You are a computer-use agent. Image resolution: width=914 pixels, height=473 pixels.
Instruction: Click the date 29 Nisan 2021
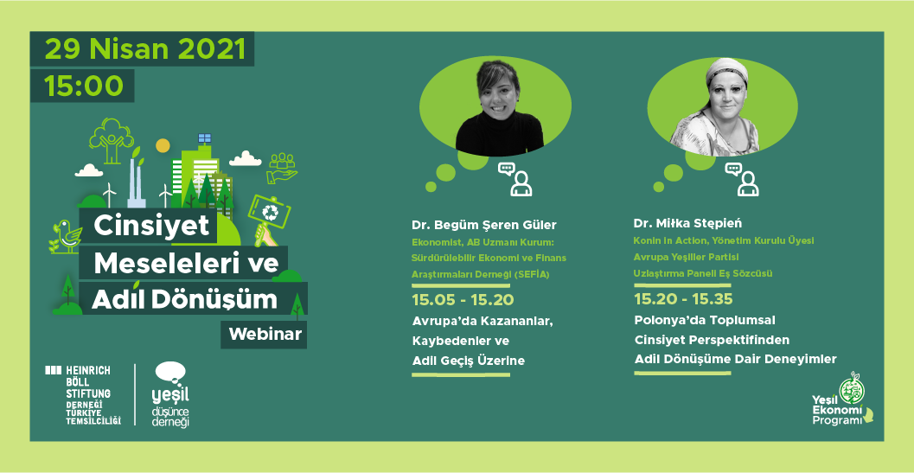tap(145, 48)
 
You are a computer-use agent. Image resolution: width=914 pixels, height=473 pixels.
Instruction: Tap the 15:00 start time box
tap(83, 86)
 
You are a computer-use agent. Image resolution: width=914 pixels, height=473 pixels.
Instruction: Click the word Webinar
tap(265, 333)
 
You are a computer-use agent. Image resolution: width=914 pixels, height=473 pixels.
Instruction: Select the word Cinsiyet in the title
tap(151, 226)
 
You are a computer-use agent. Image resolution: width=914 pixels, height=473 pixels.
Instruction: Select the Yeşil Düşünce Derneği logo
tap(169, 394)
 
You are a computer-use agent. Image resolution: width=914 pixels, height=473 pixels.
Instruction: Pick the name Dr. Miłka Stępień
tap(687, 223)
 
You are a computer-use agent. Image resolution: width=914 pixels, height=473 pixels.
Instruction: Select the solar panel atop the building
tap(204, 138)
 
